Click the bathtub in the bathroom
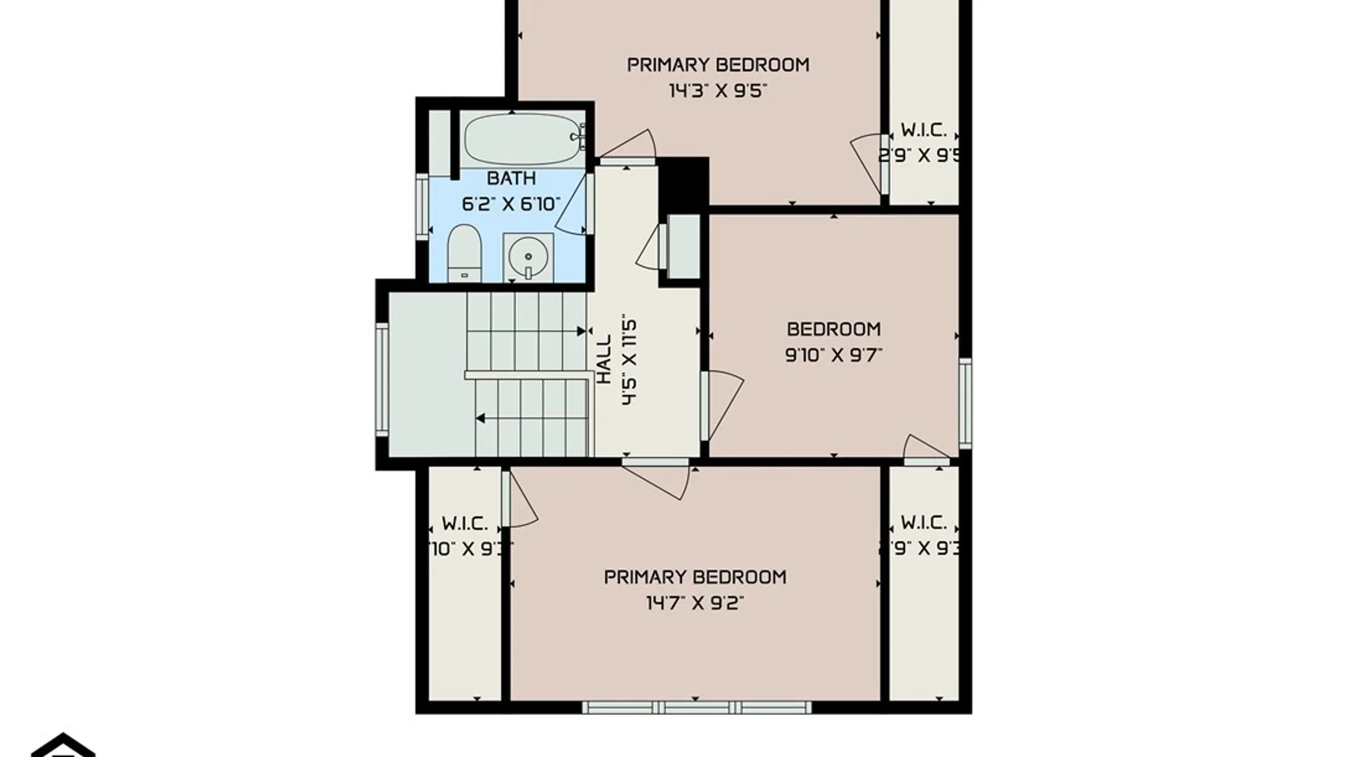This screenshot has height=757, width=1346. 522,139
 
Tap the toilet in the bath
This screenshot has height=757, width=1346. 464,252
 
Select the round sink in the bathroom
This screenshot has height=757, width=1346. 527,257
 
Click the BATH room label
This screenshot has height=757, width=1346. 511,178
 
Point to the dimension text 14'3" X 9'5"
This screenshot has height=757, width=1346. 717,90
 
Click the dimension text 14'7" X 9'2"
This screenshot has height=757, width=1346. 695,603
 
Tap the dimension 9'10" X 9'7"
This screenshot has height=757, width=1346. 834,355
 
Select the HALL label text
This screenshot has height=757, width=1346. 604,359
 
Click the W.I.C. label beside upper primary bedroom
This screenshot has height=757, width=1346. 923,130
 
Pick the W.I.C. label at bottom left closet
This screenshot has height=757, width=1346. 465,524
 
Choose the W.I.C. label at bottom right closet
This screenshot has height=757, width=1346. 923,523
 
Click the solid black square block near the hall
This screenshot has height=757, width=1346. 684,182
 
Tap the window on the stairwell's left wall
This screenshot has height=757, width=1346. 382,378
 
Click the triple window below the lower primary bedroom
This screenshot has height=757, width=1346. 696,707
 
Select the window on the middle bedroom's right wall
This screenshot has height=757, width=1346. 965,403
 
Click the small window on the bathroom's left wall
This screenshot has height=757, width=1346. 422,207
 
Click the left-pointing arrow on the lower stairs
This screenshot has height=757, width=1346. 480,418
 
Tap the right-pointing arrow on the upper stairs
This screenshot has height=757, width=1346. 581,331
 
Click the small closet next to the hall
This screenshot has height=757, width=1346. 683,247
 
